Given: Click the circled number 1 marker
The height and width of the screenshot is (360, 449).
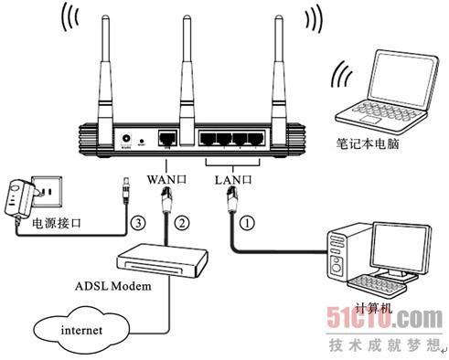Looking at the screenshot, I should point(245,219).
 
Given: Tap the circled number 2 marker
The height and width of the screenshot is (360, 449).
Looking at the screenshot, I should point(182,221).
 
